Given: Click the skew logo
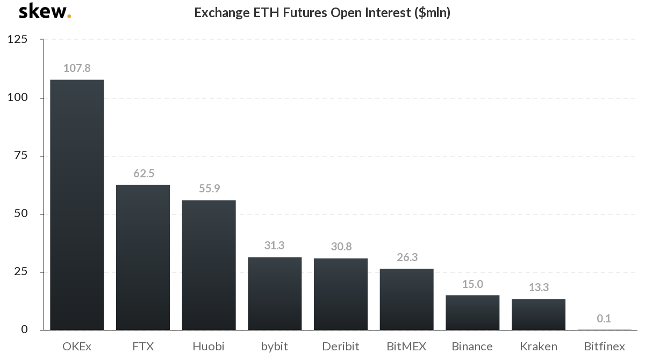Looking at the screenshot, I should [45, 12].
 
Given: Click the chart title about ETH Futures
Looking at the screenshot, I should [322, 13].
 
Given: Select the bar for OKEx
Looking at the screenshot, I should [77, 205].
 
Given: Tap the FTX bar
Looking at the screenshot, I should [143, 257].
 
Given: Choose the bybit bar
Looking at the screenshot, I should [275, 293].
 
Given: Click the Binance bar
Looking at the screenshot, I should [472, 312].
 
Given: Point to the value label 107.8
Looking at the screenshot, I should [77, 68].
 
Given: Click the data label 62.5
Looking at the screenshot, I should [144, 174].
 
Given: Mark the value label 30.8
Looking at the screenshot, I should [341, 247].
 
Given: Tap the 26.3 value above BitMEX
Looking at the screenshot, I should [406, 257].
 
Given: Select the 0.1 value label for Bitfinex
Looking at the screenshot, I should [604, 319].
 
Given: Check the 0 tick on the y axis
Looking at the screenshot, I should [24, 329].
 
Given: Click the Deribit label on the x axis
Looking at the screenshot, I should [341, 347].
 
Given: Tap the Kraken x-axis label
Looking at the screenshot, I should [538, 347].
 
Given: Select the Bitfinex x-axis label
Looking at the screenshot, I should [604, 347].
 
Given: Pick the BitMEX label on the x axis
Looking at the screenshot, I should [406, 347].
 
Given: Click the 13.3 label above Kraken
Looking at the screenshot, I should [538, 288].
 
